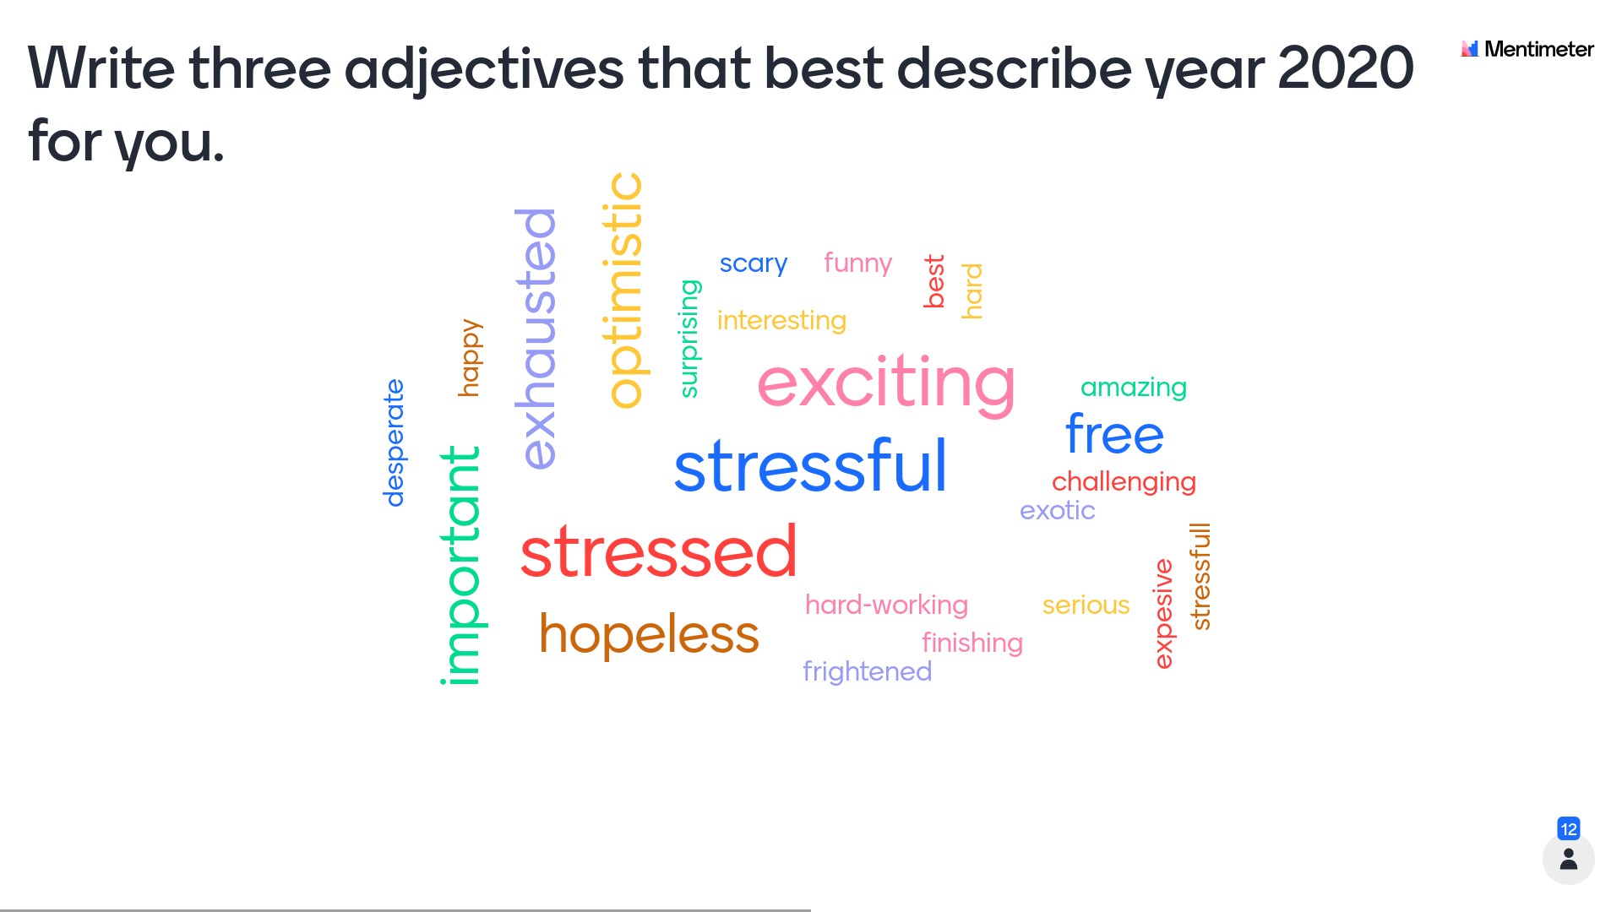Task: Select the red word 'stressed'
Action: (658, 551)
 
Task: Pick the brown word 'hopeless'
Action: (649, 633)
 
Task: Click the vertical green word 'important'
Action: (461, 565)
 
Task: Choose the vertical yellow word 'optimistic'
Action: (625, 290)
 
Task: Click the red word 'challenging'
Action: (1124, 481)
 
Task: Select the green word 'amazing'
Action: (1134, 387)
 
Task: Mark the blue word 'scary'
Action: (753, 263)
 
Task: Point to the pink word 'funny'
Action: (857, 263)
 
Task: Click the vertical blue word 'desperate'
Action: (394, 442)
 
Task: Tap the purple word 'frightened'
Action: (867, 670)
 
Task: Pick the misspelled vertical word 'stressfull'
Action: (1200, 577)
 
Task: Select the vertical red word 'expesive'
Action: (1164, 614)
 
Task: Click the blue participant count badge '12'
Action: (1569, 828)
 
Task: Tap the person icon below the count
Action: (1569, 859)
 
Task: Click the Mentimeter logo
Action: (1527, 49)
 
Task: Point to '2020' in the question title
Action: (1346, 68)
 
